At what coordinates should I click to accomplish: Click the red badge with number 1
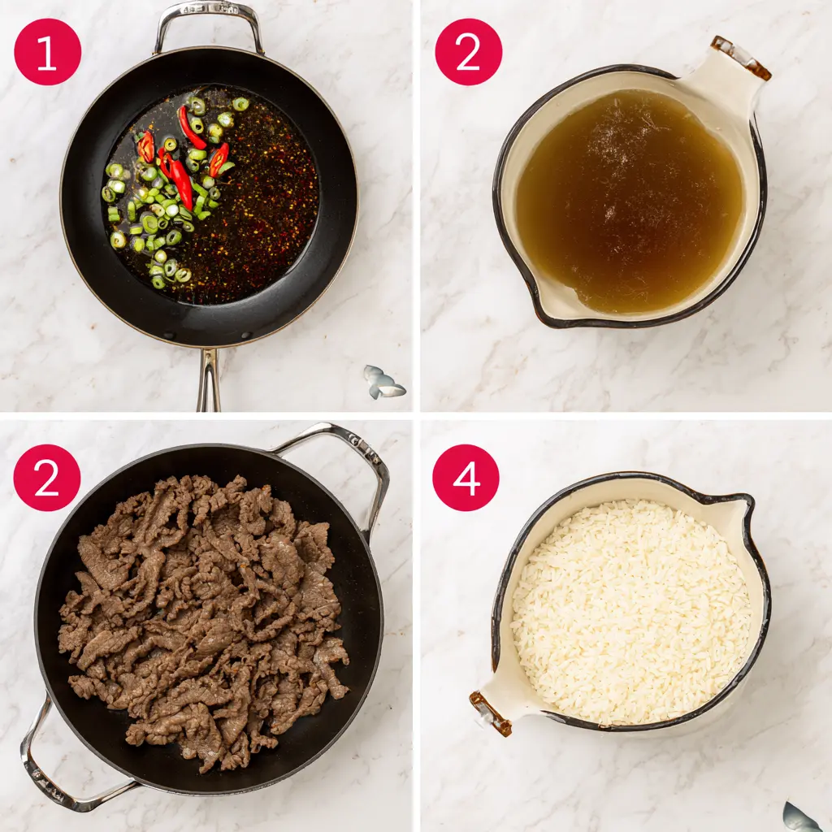click(x=48, y=52)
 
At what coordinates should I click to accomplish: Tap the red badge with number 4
click(x=466, y=478)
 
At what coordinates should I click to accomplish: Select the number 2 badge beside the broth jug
click(x=469, y=52)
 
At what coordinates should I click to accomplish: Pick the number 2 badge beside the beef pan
click(x=47, y=478)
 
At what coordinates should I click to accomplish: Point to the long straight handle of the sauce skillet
click(x=209, y=380)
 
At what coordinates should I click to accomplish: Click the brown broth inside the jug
click(x=630, y=201)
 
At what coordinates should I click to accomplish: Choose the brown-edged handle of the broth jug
click(x=741, y=58)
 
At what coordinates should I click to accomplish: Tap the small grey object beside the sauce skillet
click(x=383, y=382)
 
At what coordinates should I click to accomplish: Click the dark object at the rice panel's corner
click(x=802, y=817)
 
